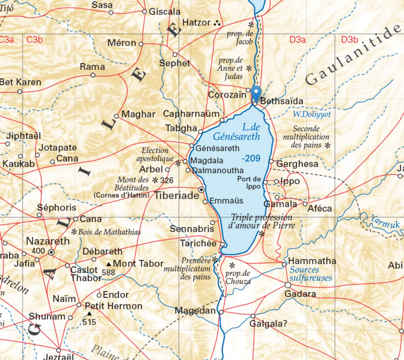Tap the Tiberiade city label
pyautogui.click(x=177, y=197)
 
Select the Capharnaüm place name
pyautogui.click(x=191, y=114)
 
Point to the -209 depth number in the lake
pyautogui.click(x=251, y=158)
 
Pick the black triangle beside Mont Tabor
pyautogui.click(x=109, y=264)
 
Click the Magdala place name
pyautogui.click(x=207, y=160)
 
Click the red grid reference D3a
pyautogui.click(x=297, y=40)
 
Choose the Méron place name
pyautogui.click(x=122, y=43)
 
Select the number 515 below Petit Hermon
pyautogui.click(x=89, y=323)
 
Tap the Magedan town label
pyautogui.click(x=195, y=311)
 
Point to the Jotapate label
pyautogui.click(x=58, y=148)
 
